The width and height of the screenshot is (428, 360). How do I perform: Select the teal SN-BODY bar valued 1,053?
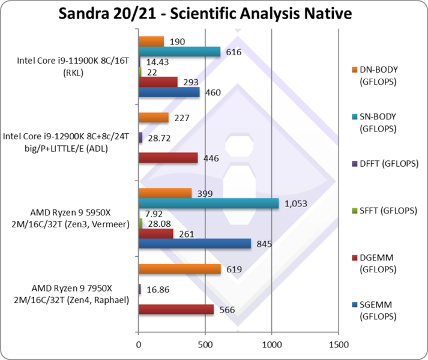(208, 203)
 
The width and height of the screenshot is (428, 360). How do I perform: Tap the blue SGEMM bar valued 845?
(194, 244)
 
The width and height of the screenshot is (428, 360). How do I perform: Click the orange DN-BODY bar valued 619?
(179, 269)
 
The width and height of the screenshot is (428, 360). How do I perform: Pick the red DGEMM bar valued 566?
(176, 310)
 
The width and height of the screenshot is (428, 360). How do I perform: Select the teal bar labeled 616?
(179, 52)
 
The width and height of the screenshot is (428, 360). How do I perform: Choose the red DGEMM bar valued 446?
(168, 158)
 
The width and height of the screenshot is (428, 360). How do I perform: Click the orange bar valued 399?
(165, 193)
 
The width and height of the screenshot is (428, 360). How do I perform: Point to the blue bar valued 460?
(169, 92)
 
